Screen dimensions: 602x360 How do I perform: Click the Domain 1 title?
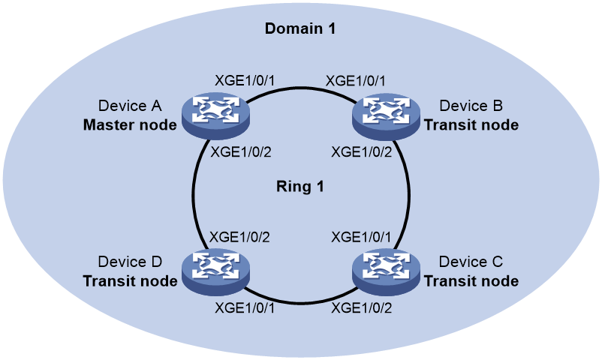(300, 28)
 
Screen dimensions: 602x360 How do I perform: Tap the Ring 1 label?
(300, 187)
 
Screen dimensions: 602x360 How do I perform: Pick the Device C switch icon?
(387, 271)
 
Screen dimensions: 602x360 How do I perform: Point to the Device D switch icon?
(215, 271)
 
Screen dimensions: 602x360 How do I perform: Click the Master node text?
(130, 124)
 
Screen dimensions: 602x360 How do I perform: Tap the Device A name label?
(130, 106)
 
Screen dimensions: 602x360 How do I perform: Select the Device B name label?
(471, 106)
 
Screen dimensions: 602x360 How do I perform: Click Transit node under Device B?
(471, 124)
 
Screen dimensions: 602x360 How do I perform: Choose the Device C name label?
(471, 262)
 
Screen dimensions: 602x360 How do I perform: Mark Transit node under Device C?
(471, 281)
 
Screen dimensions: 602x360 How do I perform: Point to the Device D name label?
(130, 262)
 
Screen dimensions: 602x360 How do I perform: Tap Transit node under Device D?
(130, 281)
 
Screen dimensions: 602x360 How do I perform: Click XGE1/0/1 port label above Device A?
(245, 81)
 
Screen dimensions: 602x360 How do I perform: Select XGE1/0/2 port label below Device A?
(241, 152)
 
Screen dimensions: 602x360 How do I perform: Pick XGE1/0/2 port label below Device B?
(362, 152)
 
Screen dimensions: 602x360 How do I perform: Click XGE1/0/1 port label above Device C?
(361, 237)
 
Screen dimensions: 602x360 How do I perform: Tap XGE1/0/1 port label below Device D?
(245, 307)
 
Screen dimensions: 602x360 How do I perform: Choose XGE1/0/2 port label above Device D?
(239, 237)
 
